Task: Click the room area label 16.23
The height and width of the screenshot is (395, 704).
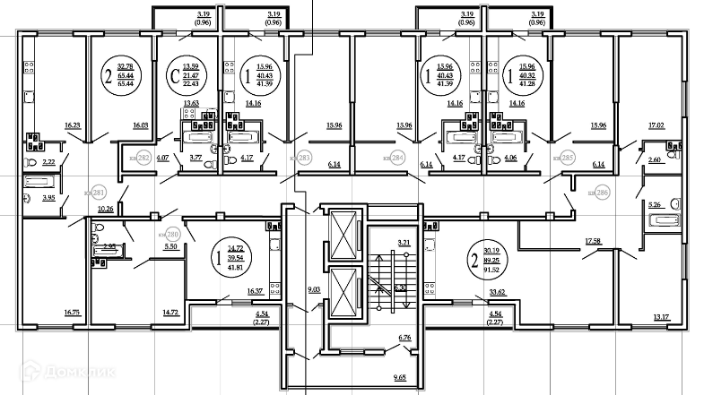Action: [x=73, y=126]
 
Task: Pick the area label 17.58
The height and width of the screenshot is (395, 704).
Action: [x=592, y=241]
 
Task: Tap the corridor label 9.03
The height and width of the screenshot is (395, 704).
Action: [x=314, y=288]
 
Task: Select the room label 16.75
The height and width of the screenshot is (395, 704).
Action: [x=73, y=312]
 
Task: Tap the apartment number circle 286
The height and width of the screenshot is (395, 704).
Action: [x=602, y=193]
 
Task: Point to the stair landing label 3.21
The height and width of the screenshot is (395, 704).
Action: [x=404, y=243]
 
